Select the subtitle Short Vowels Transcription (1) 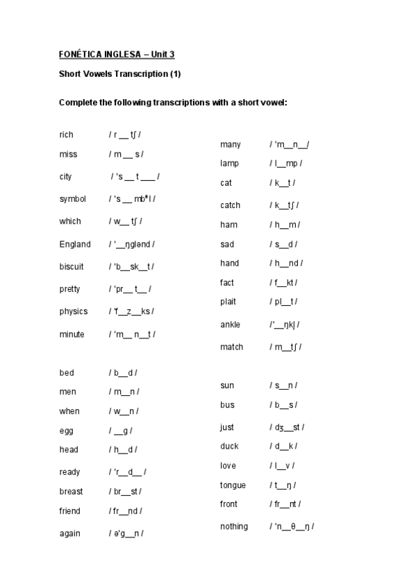click(x=120, y=73)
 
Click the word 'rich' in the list click(x=66, y=135)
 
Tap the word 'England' click(x=75, y=244)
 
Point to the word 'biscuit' click(x=72, y=266)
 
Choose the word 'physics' click(x=74, y=311)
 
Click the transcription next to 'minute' click(x=132, y=334)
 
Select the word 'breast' click(x=71, y=492)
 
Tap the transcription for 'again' click(x=126, y=533)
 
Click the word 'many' click(x=231, y=144)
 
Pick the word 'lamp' click(x=229, y=164)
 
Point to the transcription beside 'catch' click(x=285, y=205)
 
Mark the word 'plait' click(x=228, y=302)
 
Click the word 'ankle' click(x=231, y=325)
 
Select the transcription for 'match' click(x=285, y=347)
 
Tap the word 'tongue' click(x=233, y=485)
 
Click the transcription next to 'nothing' click(x=292, y=527)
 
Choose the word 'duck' click(x=229, y=446)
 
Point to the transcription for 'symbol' click(x=132, y=199)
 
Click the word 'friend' click(x=70, y=511)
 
